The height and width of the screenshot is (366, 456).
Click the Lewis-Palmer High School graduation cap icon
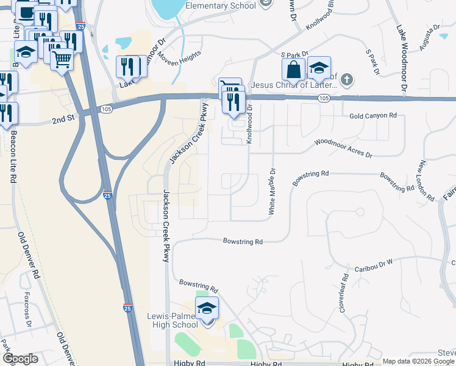[207, 309]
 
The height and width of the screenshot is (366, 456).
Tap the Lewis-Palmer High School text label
[173, 321]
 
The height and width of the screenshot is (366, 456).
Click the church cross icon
[346, 79]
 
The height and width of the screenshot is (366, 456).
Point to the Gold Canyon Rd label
[372, 115]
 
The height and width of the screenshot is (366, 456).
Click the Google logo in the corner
[20, 359]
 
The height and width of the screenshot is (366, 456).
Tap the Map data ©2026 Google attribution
[418, 361]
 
